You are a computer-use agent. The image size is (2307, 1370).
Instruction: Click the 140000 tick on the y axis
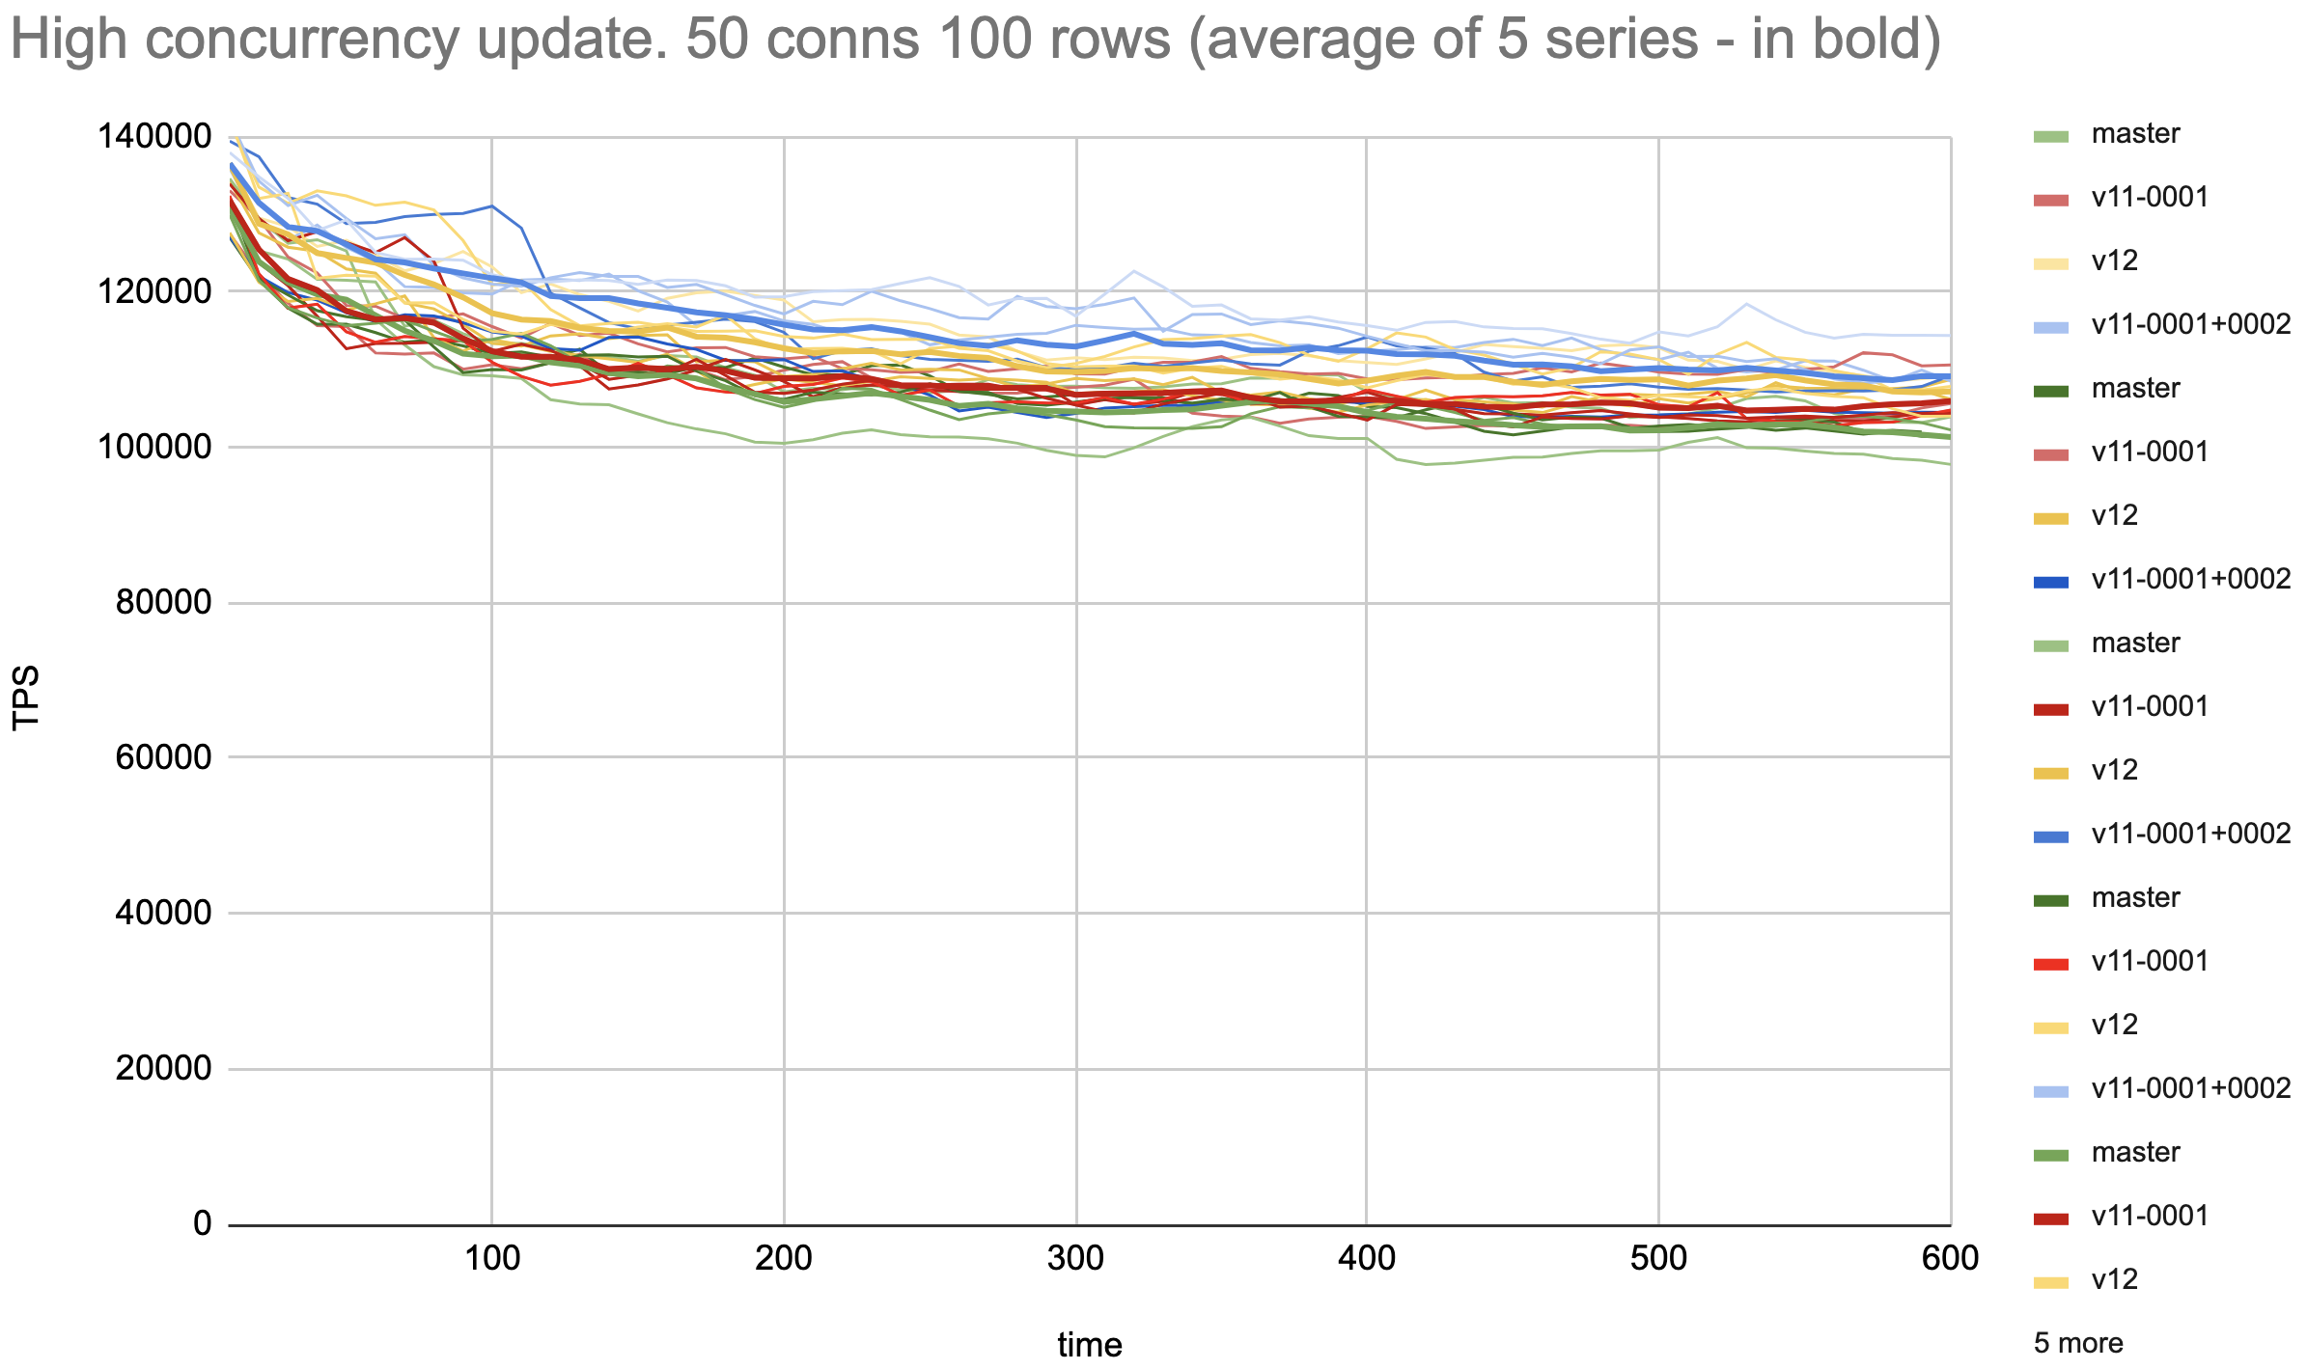pyautogui.click(x=154, y=136)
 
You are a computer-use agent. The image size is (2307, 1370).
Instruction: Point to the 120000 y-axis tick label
pyautogui.click(x=154, y=291)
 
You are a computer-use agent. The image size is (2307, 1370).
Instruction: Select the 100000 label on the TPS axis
pyautogui.click(x=154, y=447)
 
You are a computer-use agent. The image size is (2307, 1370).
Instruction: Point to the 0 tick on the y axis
pyautogui.click(x=202, y=1223)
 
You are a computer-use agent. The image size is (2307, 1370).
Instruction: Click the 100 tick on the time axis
pyautogui.click(x=492, y=1258)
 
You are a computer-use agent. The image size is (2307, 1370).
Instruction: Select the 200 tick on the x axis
pyautogui.click(x=784, y=1258)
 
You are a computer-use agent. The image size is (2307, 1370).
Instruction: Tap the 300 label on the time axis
pyautogui.click(x=1075, y=1258)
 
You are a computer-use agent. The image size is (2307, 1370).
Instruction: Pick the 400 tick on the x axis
pyautogui.click(x=1367, y=1258)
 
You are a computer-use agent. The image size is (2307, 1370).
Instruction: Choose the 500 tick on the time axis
pyautogui.click(x=1658, y=1258)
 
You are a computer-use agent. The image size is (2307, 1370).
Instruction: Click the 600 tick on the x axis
pyautogui.click(x=1950, y=1258)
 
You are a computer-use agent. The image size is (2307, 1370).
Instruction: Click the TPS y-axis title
pyautogui.click(x=26, y=698)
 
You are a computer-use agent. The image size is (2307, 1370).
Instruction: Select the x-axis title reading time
pyautogui.click(x=1090, y=1344)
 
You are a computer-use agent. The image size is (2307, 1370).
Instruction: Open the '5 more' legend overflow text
pyautogui.click(x=2078, y=1343)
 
